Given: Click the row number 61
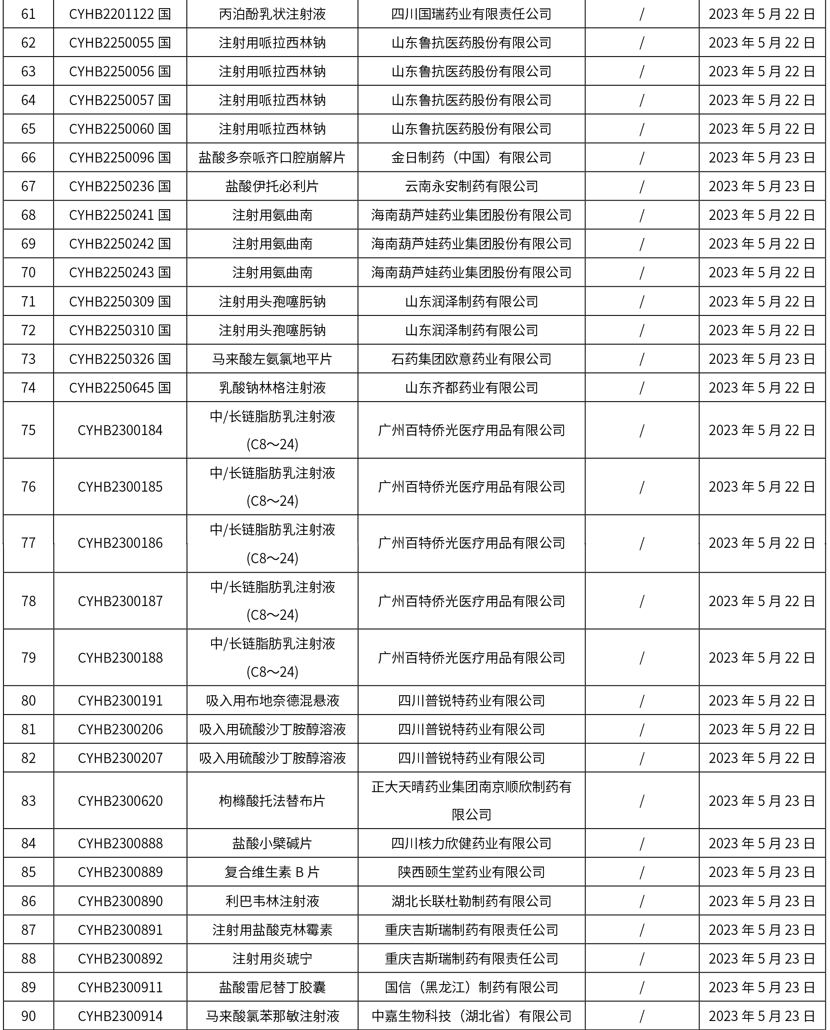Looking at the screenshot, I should pyautogui.click(x=28, y=14).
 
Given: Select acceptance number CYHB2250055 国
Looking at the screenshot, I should pyautogui.click(x=119, y=42).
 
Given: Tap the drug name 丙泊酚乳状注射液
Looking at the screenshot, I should pyautogui.click(x=272, y=14).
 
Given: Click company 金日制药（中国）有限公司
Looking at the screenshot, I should pyautogui.click(x=471, y=157).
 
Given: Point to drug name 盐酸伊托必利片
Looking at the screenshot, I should pyautogui.click(x=272, y=186).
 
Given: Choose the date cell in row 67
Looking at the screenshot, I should pyautogui.click(x=761, y=186).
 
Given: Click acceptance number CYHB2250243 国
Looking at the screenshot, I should pyautogui.click(x=119, y=272).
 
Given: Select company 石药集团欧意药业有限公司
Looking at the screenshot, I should pyautogui.click(x=471, y=359).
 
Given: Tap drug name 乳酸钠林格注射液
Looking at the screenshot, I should pyautogui.click(x=272, y=387).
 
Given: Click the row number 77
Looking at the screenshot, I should pyautogui.click(x=28, y=543).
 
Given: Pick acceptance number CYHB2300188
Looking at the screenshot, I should pyautogui.click(x=120, y=658).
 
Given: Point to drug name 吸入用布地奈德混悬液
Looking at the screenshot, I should pyautogui.click(x=272, y=701).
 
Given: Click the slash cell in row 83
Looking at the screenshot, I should pyautogui.click(x=642, y=801).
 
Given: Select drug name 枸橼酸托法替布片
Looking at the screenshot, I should pyautogui.click(x=272, y=801).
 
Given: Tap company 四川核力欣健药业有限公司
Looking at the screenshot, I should pyautogui.click(x=471, y=844).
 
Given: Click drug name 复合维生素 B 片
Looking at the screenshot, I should pyautogui.click(x=272, y=872).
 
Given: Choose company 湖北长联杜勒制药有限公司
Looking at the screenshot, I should pyautogui.click(x=471, y=901).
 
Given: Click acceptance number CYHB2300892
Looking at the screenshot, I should pyautogui.click(x=120, y=958).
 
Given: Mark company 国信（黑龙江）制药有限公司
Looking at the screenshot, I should pyautogui.click(x=471, y=987).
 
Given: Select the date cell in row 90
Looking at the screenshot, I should pyautogui.click(x=761, y=1016).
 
